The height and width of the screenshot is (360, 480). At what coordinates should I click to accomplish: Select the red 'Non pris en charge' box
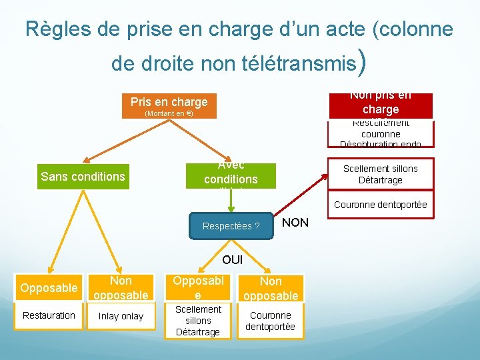click(x=380, y=105)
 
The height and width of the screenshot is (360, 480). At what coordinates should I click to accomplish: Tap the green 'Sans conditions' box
click(x=83, y=177)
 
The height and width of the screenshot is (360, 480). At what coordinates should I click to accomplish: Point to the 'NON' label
click(x=295, y=223)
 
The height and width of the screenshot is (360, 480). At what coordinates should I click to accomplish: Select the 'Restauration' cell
click(x=49, y=315)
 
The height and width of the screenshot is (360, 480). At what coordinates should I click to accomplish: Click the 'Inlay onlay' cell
click(x=121, y=316)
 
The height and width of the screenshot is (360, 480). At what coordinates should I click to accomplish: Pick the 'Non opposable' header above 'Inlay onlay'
click(x=121, y=288)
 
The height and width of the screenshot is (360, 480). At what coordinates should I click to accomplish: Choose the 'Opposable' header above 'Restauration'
click(x=49, y=288)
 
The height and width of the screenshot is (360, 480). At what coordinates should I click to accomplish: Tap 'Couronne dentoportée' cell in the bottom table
click(x=271, y=321)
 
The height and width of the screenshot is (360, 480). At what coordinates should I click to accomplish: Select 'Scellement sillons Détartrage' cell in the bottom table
click(x=198, y=321)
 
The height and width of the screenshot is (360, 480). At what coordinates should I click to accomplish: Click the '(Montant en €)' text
click(x=169, y=114)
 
